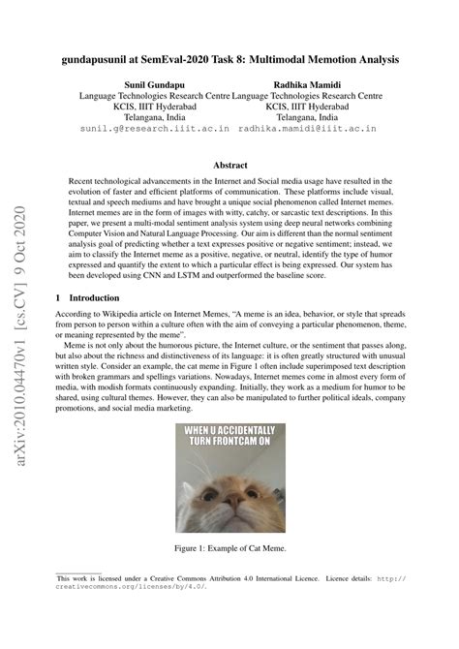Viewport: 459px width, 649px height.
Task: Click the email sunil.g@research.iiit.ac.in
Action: point(154,127)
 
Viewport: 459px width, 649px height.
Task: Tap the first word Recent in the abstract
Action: point(84,183)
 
